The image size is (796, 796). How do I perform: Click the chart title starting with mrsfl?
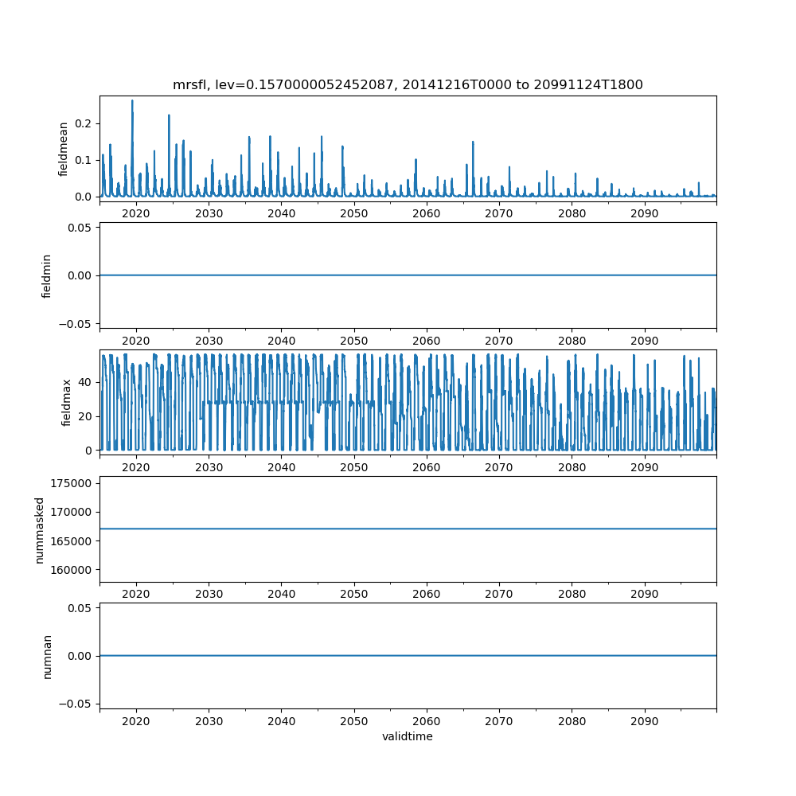(x=408, y=84)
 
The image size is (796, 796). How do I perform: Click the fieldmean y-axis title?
(x=63, y=149)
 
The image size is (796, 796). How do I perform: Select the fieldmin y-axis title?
(x=47, y=275)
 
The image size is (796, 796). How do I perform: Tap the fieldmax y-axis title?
(x=67, y=402)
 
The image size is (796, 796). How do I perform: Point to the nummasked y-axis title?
(x=40, y=529)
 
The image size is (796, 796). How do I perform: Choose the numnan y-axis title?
(x=47, y=656)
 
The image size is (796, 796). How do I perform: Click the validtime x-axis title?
(x=408, y=736)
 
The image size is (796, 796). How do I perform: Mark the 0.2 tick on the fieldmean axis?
(x=83, y=123)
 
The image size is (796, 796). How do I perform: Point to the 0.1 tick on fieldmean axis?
(x=83, y=160)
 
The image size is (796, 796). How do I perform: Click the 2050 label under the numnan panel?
(x=354, y=720)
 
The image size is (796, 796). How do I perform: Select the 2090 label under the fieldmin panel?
(x=644, y=341)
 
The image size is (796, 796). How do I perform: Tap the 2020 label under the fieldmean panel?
(x=136, y=214)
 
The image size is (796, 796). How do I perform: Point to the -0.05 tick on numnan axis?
(x=80, y=703)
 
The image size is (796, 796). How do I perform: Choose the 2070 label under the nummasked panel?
(x=499, y=594)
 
